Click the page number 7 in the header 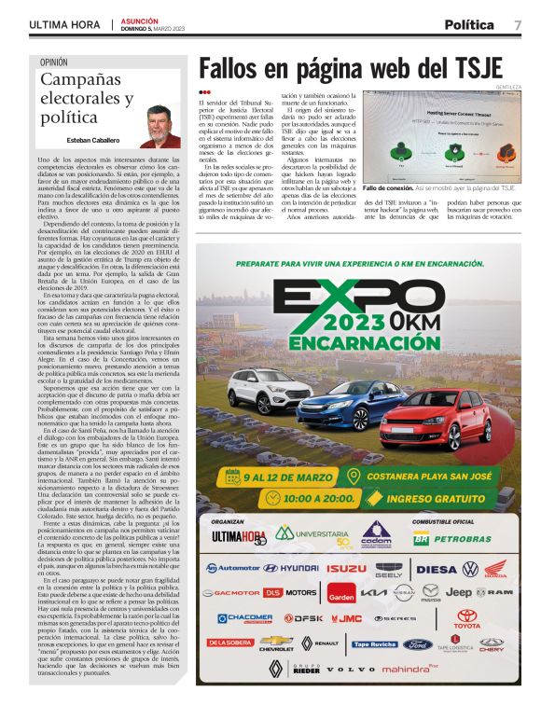click(517, 24)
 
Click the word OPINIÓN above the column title click(53, 62)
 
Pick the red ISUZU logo click(346, 567)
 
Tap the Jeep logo click(458, 592)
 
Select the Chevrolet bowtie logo click(275, 643)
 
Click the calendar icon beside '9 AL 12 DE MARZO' click(232, 477)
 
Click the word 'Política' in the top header click(469, 24)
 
